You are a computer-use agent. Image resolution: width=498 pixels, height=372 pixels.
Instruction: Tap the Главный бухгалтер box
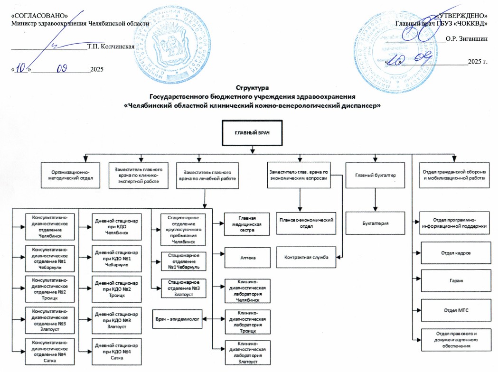pos(376,176)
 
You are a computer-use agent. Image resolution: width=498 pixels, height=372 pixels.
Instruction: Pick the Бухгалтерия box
pos(376,223)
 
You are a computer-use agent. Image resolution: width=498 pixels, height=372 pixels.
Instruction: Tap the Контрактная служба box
pos(306,257)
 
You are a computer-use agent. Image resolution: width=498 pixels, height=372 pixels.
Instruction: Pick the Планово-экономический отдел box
pos(306,223)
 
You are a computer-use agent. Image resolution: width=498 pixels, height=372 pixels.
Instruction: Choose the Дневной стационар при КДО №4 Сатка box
pos(116,351)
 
